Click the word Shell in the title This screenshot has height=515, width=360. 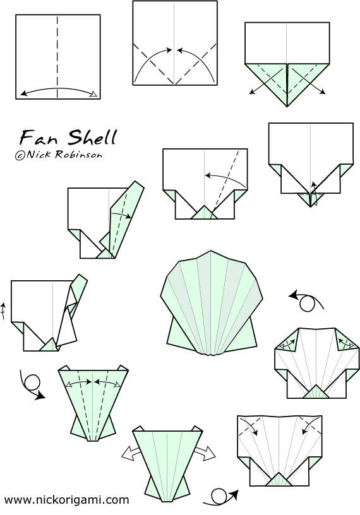coord(93,137)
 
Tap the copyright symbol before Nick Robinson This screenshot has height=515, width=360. coord(20,155)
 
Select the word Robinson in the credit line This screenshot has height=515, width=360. coord(78,154)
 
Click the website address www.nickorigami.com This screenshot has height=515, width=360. coord(66,500)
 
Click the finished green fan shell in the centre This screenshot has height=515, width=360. coord(212,303)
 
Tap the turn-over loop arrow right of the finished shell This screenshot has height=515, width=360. coord(306,300)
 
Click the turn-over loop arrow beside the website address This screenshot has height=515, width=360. coord(220,497)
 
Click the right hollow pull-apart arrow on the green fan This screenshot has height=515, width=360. coord(205,453)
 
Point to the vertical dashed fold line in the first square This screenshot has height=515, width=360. coord(57,57)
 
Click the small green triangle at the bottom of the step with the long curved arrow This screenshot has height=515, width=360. coord(204,212)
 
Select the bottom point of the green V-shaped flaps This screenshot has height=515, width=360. coord(287,107)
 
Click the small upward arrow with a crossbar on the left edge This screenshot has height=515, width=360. coord(3,311)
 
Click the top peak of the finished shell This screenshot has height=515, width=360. coord(211,251)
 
